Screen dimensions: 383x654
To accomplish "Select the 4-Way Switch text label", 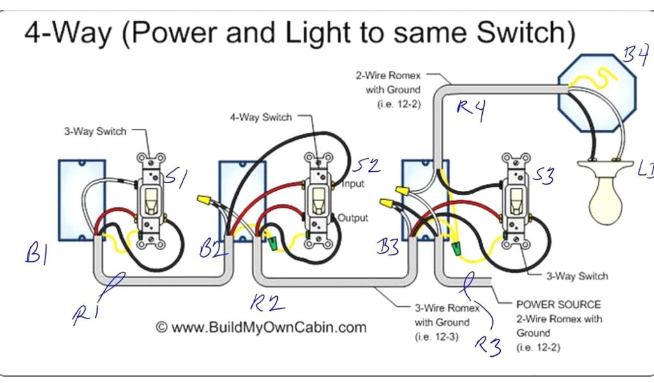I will (261, 117).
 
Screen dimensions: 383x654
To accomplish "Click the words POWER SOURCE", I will (558, 304).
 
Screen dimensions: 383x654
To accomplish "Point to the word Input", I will (353, 184).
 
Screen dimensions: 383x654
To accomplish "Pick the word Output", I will (353, 218).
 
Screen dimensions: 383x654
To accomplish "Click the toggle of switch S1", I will (151, 201).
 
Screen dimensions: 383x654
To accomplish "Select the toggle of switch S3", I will (514, 202).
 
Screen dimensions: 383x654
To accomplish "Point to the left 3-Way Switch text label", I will (95, 131).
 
